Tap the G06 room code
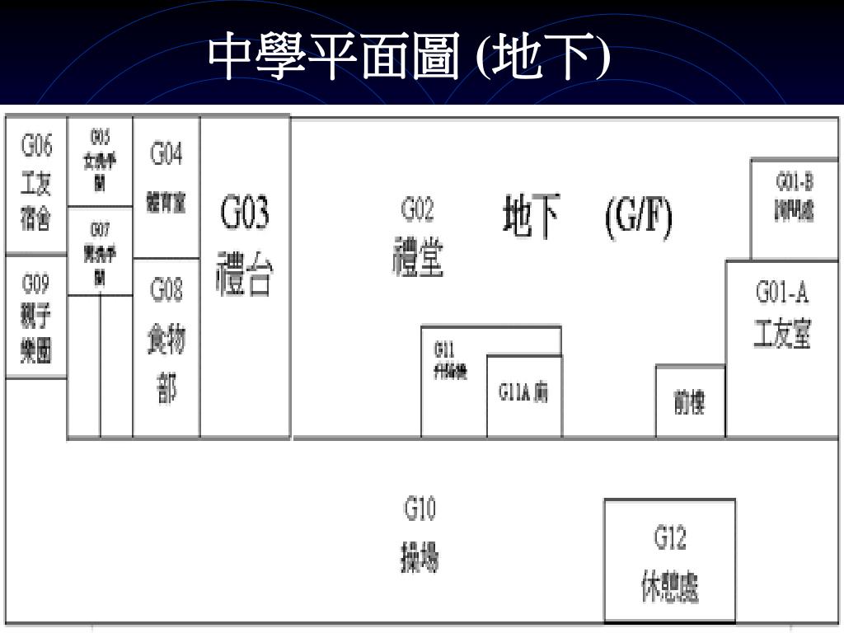(36, 147)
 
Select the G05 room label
(100, 135)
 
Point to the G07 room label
(100, 227)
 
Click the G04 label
(166, 153)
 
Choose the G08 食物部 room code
(166, 290)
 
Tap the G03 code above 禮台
(245, 215)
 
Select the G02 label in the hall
(417, 210)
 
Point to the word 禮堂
(418, 257)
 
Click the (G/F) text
(639, 218)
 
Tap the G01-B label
(795, 182)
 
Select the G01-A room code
(782, 293)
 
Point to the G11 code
(444, 349)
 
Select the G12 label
(670, 539)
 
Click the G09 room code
(35, 284)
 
